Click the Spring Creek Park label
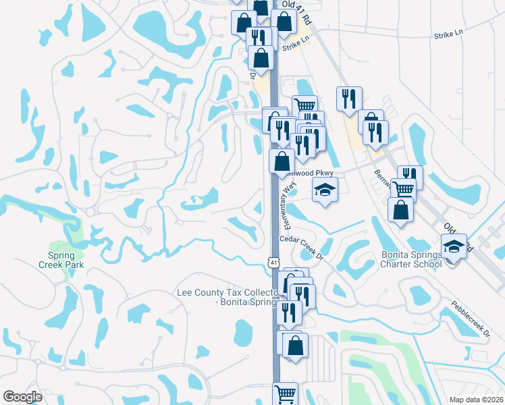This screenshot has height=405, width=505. tap(65, 260)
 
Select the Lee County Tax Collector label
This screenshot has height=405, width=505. tap(226, 298)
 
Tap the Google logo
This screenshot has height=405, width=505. tap(22, 397)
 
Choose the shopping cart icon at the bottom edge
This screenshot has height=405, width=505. tap(286, 393)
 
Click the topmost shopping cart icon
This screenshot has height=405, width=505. tap(305, 105)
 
